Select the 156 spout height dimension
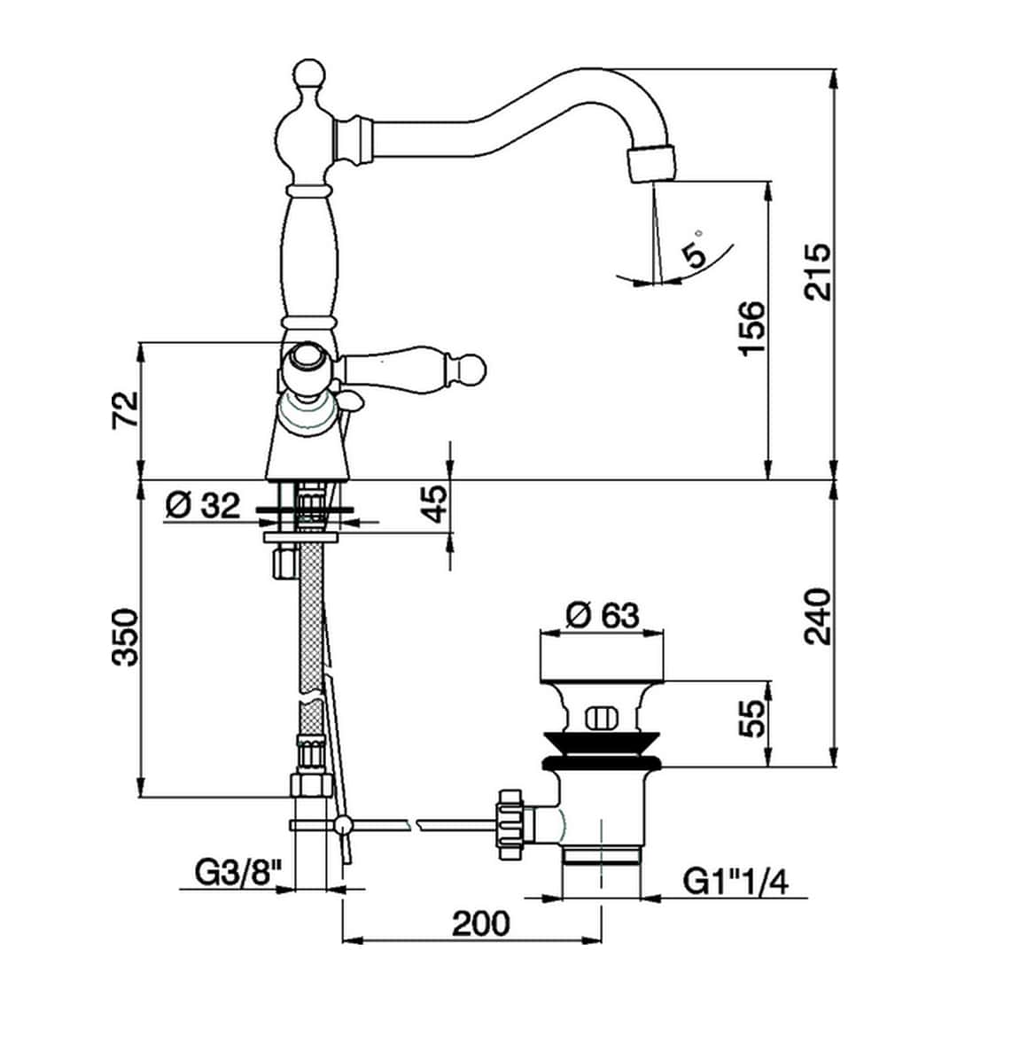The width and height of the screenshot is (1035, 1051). pos(751,328)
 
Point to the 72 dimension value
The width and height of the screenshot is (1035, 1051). pos(126,409)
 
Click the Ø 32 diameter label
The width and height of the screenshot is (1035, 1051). pos(202,506)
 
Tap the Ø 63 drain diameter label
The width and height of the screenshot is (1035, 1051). pos(603,614)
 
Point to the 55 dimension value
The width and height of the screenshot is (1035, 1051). pos(751,719)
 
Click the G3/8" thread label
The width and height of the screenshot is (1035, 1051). pos(231,875)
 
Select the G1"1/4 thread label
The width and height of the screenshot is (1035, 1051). pos(735,882)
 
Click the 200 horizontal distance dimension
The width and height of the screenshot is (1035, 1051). pos(481,923)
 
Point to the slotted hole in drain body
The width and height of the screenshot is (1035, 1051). pos(601,715)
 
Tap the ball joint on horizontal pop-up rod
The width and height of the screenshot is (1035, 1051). pos(342,825)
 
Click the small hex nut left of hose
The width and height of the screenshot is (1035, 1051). pos(283,563)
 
